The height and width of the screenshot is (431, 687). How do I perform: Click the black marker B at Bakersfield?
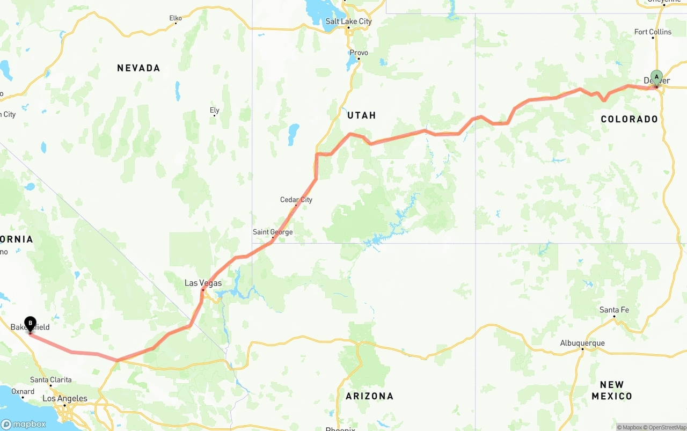[30, 324]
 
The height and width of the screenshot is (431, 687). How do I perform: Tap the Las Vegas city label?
[203, 283]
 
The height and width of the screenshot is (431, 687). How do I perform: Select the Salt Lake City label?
[348, 21]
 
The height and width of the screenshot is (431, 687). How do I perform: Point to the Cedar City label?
[296, 200]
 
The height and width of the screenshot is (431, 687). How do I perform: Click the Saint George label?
[273, 232]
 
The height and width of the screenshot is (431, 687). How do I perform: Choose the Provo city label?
[359, 53]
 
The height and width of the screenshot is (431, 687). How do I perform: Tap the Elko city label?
[176, 18]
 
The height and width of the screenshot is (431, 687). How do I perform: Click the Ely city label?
[214, 111]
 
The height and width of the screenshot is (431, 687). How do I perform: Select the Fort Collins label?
[653, 32]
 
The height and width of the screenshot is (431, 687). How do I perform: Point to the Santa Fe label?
[614, 310]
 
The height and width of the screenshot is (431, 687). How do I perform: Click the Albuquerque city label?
[582, 343]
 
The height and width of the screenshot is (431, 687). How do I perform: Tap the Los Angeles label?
[65, 398]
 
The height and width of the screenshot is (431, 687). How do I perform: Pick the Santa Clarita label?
[51, 379]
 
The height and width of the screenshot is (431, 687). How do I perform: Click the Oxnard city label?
[23, 391]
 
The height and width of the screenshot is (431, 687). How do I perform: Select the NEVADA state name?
[138, 68]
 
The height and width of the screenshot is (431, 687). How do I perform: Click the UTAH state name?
[361, 115]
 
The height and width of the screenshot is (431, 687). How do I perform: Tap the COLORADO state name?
[629, 119]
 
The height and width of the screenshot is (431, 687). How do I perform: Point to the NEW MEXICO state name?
[612, 390]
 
